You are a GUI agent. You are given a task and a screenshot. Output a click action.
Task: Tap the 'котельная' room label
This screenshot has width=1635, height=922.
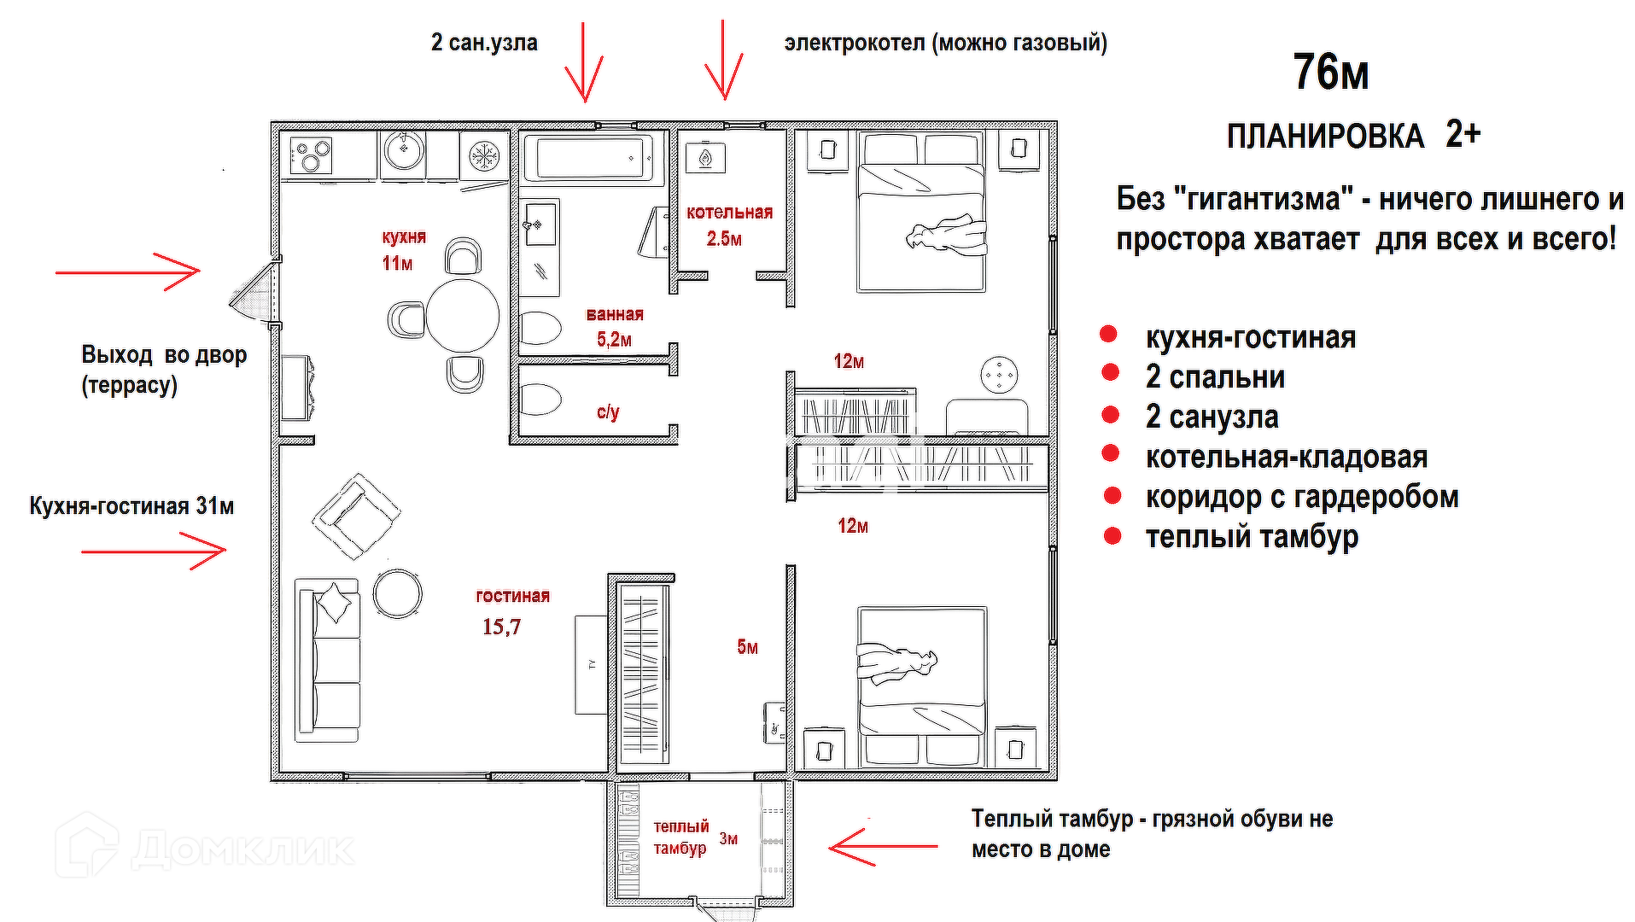coord(729,213)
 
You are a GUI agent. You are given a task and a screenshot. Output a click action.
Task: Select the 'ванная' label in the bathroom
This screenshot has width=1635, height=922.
coord(615,314)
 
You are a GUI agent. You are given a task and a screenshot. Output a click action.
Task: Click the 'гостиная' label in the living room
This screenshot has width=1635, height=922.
coord(512,596)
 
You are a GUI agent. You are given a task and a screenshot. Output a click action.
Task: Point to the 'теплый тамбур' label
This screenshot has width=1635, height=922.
coord(681,837)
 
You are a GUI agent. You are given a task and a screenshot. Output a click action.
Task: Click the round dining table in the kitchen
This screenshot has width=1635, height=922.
coord(462,315)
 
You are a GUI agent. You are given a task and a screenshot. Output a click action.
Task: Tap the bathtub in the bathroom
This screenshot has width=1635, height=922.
coord(593,157)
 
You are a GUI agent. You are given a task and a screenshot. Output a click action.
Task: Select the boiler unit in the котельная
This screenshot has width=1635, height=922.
coord(706,158)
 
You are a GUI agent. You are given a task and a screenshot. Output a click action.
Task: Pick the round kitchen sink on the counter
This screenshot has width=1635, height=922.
coord(403,152)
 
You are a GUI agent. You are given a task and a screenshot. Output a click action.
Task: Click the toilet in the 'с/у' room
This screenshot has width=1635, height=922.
coord(540,400)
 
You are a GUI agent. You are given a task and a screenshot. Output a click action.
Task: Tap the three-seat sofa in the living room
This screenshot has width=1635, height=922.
coord(327,660)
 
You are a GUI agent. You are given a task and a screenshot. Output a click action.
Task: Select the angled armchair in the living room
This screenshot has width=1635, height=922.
coord(357,516)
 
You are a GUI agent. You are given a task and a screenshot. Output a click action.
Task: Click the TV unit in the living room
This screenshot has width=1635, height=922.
coord(591,664)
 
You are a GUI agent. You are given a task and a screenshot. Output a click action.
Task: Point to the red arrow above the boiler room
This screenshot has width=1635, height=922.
coord(724,60)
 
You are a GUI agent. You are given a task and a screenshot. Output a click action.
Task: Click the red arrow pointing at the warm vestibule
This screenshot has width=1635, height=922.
coord(883,847)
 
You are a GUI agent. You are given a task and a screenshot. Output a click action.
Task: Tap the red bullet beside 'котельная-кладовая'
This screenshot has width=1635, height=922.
coord(1111,454)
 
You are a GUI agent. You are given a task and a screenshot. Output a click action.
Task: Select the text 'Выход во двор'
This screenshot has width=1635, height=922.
coord(164,354)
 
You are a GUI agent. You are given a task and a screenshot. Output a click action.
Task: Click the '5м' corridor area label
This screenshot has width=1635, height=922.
coord(747,647)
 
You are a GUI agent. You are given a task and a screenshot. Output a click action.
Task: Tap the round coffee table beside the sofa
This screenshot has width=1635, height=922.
coord(397,593)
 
